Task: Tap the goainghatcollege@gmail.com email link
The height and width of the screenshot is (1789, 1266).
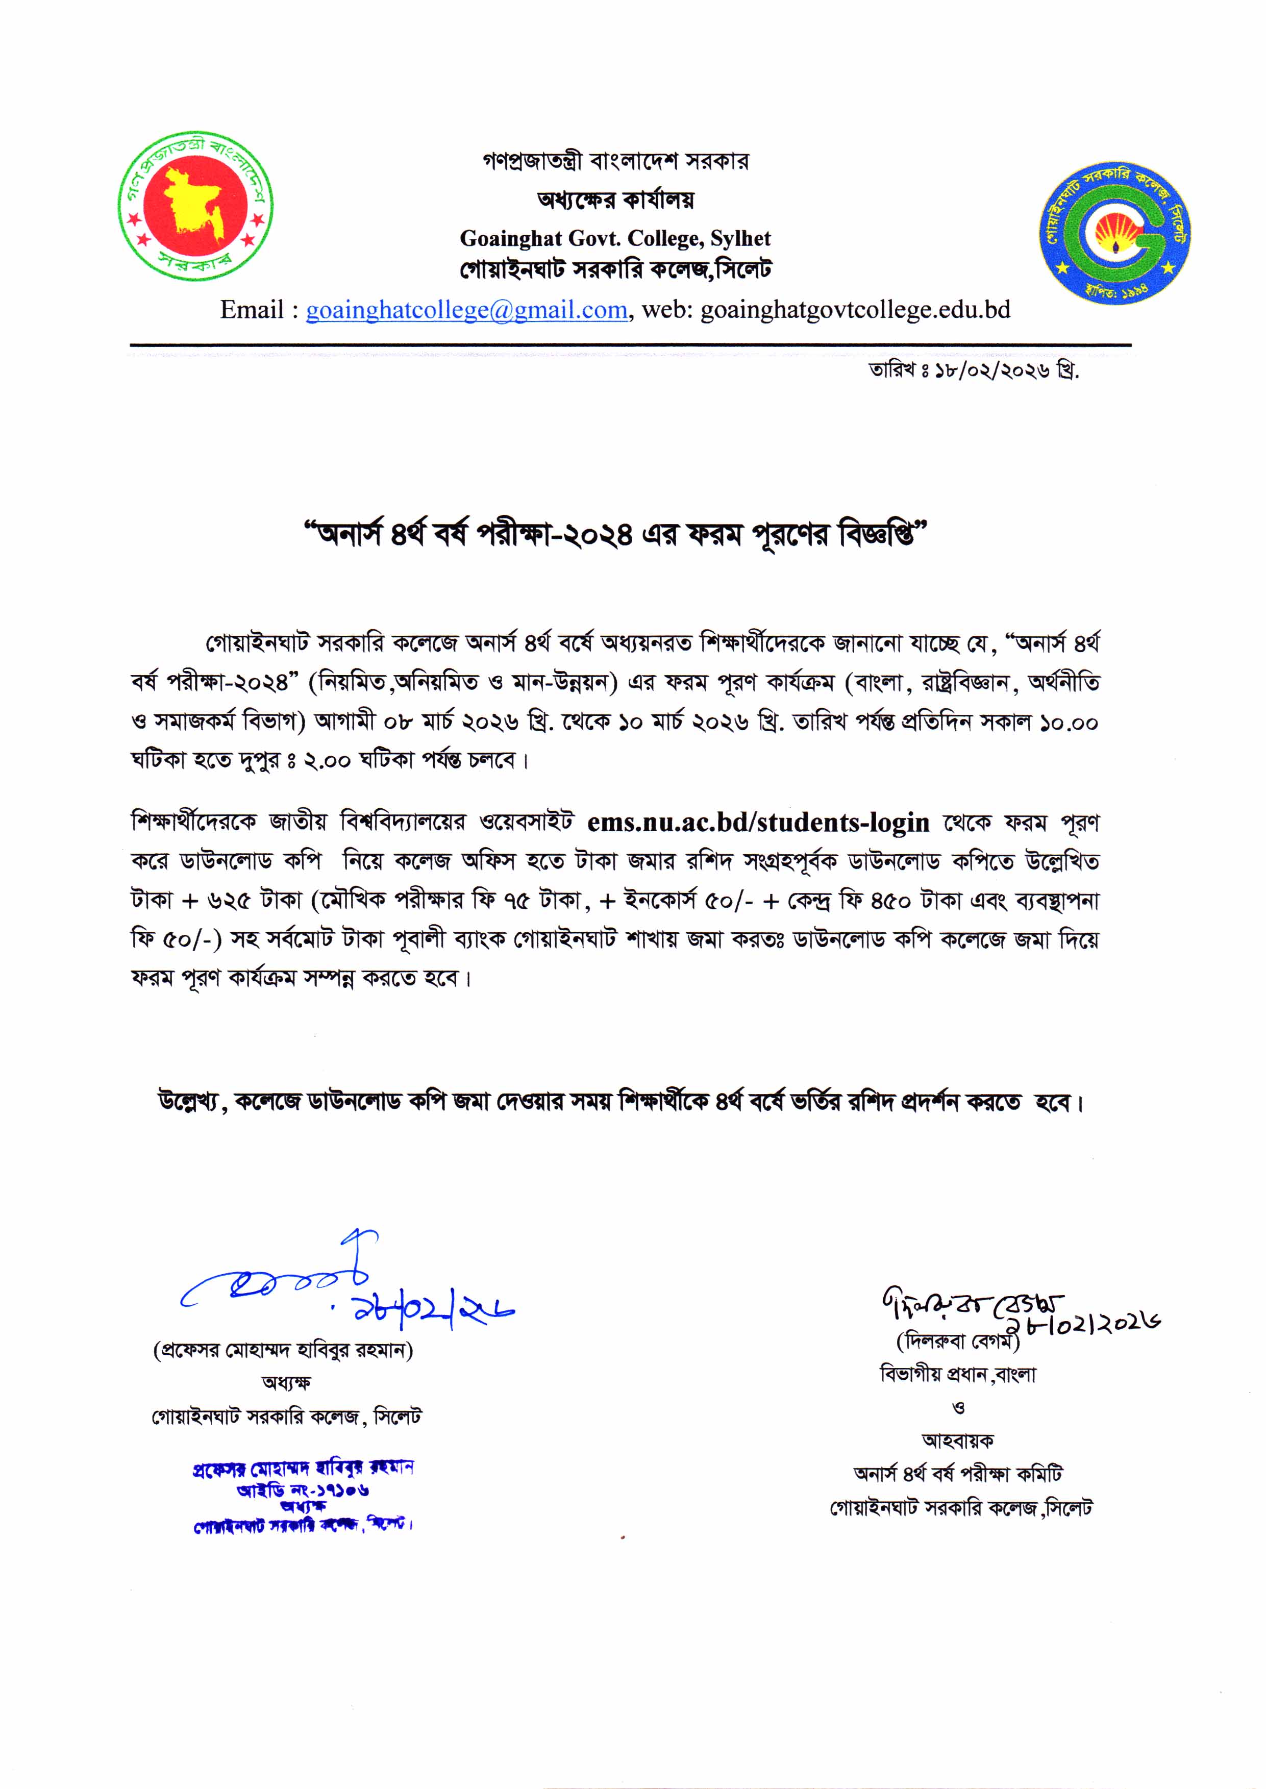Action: [466, 310]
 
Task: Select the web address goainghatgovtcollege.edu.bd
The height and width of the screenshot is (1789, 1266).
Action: [855, 310]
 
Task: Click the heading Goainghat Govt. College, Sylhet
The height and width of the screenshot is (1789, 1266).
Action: [614, 238]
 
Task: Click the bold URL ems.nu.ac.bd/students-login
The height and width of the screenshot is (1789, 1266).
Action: [758, 823]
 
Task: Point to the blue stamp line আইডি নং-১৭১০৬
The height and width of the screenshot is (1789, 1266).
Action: [303, 1489]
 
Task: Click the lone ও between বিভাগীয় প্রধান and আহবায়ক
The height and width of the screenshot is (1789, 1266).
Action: [958, 1408]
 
